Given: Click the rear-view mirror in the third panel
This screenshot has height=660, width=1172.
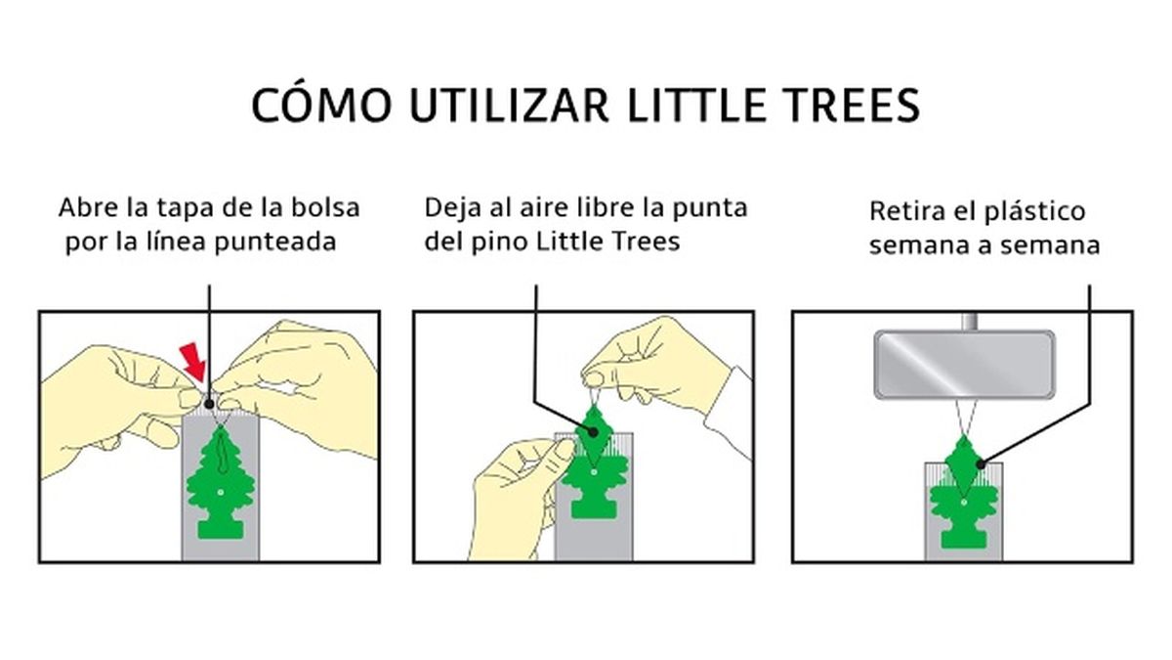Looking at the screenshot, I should [964, 364].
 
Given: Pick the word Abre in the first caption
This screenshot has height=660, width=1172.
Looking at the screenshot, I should [86, 208].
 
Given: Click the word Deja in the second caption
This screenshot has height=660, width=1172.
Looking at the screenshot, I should [451, 208].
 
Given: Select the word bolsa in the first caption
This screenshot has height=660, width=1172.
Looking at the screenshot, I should [326, 208].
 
